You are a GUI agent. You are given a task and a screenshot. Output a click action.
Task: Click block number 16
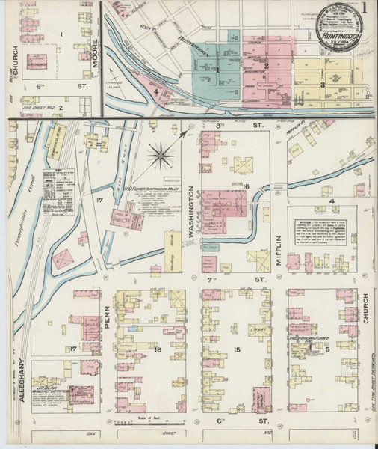pos(245,186)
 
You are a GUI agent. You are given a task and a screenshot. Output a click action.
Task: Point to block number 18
pos(157,349)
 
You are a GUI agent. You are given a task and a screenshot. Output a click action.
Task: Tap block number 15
pos(236,349)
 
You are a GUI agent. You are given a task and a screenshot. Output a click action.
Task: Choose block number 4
pos(331,201)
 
